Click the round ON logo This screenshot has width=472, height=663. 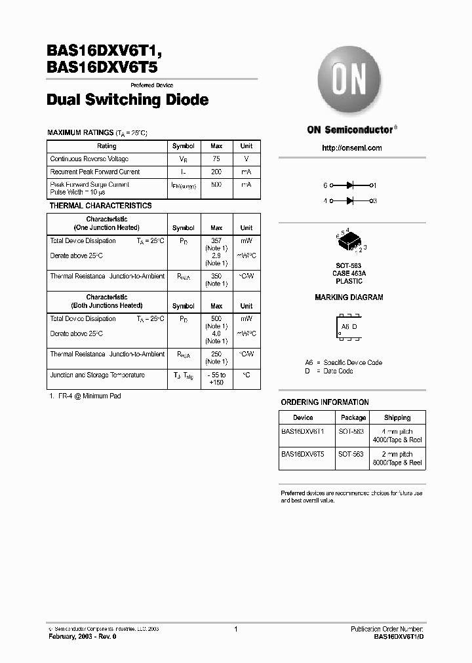click(x=351, y=82)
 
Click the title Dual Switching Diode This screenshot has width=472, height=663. click(x=128, y=100)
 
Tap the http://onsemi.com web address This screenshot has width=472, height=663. click(x=352, y=148)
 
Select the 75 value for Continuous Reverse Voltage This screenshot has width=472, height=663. click(x=216, y=159)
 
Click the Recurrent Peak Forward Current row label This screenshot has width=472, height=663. click(x=95, y=172)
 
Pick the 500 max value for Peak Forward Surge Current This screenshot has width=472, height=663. click(x=216, y=185)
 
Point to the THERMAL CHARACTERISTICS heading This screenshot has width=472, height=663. click(x=101, y=206)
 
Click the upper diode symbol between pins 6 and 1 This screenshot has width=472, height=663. click(x=351, y=186)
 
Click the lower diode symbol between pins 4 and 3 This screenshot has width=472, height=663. click(x=351, y=200)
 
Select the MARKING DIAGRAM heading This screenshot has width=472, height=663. click(x=349, y=297)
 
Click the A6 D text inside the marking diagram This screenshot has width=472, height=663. click(x=349, y=326)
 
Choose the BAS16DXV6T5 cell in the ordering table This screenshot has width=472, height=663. click(x=303, y=453)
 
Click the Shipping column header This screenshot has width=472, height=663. click(x=397, y=417)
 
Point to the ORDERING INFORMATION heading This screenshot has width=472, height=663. click(x=324, y=402)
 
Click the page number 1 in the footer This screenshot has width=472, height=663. click(x=235, y=629)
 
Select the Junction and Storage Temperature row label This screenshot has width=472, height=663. click(x=98, y=375)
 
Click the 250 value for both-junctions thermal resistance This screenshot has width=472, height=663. click(x=216, y=354)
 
